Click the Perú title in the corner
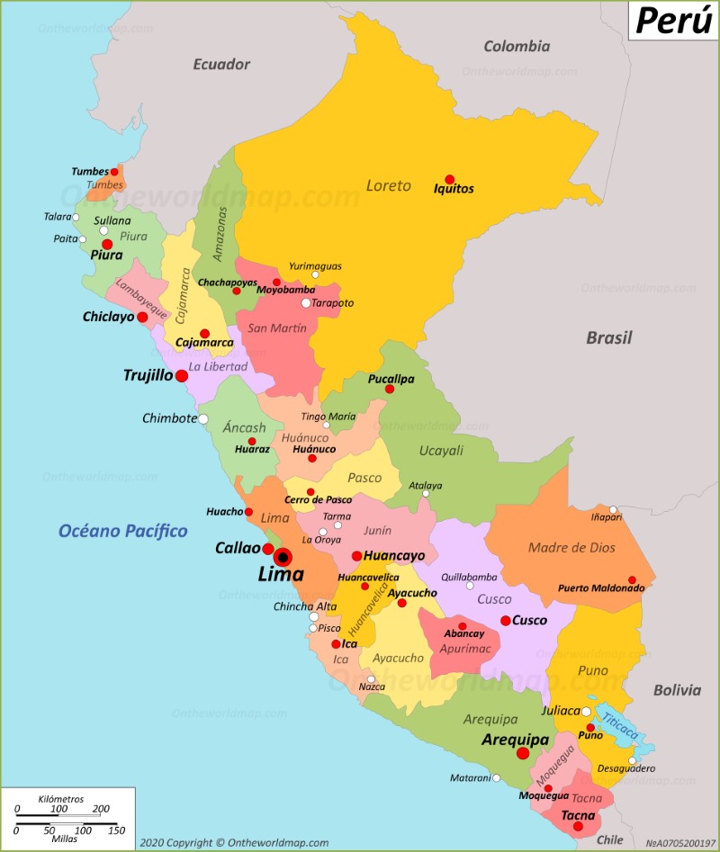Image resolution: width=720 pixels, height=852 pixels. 672,20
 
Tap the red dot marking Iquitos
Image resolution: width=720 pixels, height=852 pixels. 449,179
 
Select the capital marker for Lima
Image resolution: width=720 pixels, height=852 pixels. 283,557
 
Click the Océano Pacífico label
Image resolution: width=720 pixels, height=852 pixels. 123,531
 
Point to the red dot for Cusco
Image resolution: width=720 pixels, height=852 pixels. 506,620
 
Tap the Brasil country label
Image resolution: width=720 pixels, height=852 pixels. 609,338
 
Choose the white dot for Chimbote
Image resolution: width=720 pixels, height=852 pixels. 203,418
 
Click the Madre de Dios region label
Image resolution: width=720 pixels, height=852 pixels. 571,549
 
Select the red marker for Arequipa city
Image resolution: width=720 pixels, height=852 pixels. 522,753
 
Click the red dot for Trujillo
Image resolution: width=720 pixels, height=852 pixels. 181,376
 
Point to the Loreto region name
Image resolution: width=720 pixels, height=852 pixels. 388,185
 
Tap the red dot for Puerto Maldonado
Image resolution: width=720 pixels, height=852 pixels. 632,580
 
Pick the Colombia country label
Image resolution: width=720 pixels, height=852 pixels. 517,46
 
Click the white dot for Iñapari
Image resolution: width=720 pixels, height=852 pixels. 613,509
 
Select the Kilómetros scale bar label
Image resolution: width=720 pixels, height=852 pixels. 61,799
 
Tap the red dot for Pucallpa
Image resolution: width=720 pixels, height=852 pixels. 390,389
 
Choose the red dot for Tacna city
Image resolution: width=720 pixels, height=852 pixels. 578,826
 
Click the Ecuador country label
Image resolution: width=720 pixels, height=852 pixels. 221,64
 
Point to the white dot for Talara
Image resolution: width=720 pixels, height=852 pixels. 76,217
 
